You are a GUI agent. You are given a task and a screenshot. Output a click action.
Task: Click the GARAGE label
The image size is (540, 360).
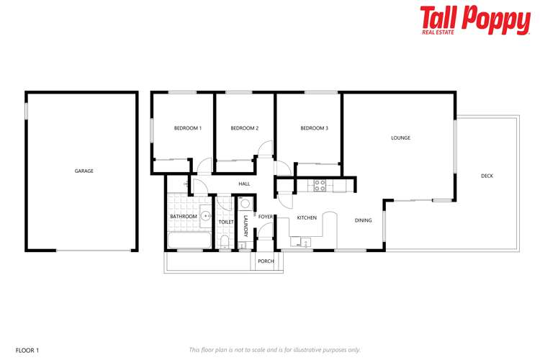click(84, 171)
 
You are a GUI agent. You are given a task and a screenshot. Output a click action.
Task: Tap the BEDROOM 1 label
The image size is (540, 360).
click(188, 128)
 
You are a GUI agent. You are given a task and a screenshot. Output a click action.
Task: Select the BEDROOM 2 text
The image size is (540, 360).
click(244, 128)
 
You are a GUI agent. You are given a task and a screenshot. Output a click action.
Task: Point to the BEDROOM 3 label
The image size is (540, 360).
click(314, 128)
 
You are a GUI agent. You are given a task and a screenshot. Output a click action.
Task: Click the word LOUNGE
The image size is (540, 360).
click(400, 138)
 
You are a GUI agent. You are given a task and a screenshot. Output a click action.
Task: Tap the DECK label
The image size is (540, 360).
click(487, 176)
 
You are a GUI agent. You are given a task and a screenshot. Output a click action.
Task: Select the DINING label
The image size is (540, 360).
click(363, 220)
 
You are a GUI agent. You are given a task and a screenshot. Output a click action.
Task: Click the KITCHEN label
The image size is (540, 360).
click(307, 217)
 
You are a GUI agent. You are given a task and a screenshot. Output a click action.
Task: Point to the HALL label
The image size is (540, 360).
click(244, 184)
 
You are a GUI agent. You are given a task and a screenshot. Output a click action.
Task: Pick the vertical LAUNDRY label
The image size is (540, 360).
click(246, 226)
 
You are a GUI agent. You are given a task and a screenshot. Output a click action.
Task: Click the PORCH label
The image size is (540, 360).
click(266, 261)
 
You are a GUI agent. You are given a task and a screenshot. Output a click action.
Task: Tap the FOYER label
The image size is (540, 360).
click(265, 216)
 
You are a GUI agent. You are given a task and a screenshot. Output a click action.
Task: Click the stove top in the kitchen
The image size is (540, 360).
click(320, 186)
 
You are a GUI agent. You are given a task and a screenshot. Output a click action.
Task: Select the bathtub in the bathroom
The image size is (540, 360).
click(189, 240)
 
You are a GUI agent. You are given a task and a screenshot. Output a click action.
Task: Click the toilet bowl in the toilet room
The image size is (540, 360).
click(225, 240)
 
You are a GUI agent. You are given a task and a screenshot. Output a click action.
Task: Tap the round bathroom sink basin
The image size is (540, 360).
click(204, 215)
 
